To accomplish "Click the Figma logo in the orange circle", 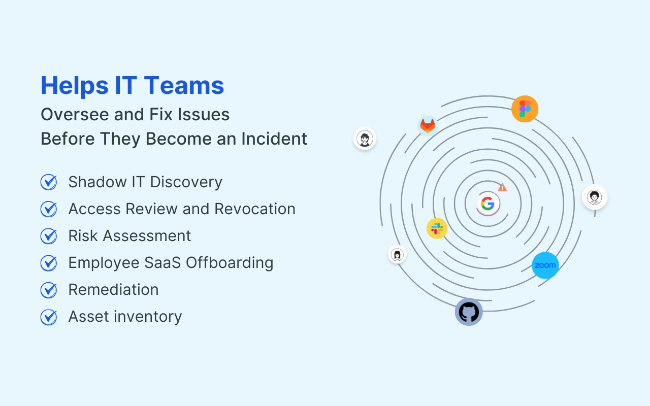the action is click(525, 109).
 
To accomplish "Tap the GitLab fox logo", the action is click(428, 126).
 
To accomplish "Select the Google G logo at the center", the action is click(488, 204).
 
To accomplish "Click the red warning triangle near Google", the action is click(502, 187).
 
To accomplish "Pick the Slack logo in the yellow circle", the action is click(437, 228).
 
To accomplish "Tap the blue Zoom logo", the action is click(545, 265).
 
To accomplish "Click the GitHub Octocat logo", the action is click(469, 312).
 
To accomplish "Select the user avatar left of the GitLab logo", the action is click(365, 139).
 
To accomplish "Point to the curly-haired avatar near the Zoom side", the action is click(595, 197).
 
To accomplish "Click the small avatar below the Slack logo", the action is click(397, 254).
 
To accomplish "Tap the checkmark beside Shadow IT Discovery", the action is click(49, 182).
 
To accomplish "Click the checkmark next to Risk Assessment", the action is click(49, 236).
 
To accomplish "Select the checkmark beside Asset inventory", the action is click(49, 317).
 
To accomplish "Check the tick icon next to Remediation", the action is click(49, 290).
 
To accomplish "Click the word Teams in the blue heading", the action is click(184, 85).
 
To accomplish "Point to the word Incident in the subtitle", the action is click(274, 139).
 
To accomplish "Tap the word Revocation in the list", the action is click(255, 209).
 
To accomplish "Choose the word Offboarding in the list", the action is click(230, 263).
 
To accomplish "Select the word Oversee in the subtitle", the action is click(75, 114).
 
